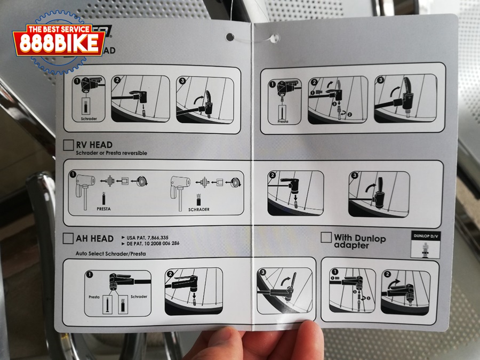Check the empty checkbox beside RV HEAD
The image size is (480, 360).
coord(68,145)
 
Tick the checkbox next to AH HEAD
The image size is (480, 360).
coord(68,237)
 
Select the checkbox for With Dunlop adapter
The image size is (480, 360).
coord(326,238)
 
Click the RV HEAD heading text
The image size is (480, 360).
coord(94,145)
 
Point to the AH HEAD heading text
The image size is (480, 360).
coord(94,237)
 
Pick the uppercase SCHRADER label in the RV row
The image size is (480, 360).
coord(199,210)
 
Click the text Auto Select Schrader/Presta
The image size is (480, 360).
coord(110,254)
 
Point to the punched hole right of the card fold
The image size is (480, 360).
coord(276,37)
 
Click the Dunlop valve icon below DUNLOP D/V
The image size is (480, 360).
coord(425,249)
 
